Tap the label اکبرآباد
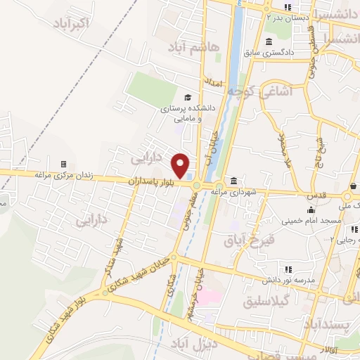71,23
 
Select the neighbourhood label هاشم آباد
195,46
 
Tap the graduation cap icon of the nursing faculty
187,97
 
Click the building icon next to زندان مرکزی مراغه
63,164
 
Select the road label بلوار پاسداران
150,181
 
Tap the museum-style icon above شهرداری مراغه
233,180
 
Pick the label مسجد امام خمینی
312,221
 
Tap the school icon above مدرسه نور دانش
288,269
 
